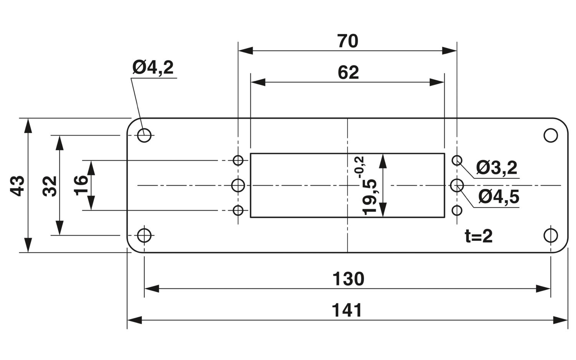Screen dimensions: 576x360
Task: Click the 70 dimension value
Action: (348, 41)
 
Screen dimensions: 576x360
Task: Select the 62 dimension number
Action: (348, 73)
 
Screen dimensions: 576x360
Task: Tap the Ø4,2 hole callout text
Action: (153, 67)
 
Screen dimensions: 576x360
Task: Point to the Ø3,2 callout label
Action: (497, 168)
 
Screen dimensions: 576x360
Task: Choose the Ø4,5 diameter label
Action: (499, 197)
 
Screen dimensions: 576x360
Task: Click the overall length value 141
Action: (347, 310)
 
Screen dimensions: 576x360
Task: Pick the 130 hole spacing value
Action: (348, 279)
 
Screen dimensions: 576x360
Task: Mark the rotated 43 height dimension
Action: (18, 186)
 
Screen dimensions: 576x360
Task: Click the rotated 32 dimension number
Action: (50, 186)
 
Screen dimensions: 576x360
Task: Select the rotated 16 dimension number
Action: (81, 185)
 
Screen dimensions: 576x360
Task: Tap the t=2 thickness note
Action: (479, 237)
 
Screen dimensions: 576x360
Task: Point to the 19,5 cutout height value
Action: (369, 197)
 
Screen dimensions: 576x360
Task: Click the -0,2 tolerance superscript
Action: (359, 167)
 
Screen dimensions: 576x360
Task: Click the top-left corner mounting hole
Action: (144, 135)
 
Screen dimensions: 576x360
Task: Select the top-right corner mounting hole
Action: (551, 135)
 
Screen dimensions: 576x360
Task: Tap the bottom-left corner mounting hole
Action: (144, 236)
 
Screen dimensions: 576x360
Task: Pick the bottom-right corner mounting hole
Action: (551, 236)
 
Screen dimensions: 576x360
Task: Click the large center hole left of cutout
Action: (238, 185)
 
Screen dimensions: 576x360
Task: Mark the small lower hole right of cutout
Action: (457, 211)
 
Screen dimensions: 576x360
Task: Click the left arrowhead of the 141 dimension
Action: (134, 320)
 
